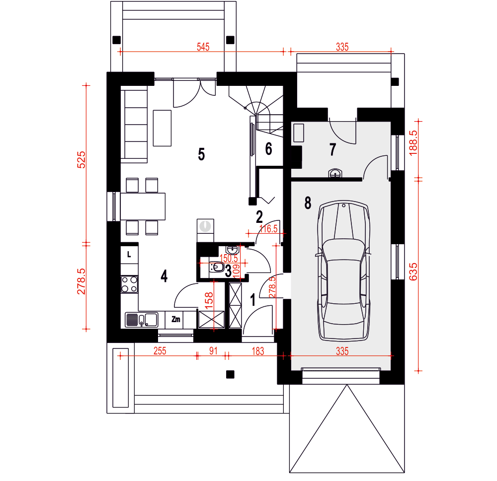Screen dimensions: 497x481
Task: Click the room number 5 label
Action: coord(201,154)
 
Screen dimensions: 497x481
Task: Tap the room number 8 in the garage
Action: coord(308,203)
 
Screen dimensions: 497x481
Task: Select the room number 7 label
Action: coord(332,149)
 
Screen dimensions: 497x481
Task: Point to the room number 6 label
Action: coord(268,149)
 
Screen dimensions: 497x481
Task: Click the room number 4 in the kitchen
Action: coord(164,276)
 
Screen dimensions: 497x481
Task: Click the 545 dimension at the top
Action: coord(203,47)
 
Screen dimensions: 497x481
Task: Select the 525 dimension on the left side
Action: coord(82,160)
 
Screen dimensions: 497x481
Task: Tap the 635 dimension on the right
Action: coord(414,272)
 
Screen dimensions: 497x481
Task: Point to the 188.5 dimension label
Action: coord(414,143)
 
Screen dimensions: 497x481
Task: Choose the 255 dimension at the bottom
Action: coord(160,351)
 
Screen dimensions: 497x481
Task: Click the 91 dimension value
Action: coord(213,351)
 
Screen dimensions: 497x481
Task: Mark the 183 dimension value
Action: coord(258,351)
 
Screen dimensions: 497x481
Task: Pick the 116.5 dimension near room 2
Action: coord(268,229)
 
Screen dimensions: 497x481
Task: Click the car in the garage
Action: coord(344,271)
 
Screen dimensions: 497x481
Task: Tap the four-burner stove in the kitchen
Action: coord(130,284)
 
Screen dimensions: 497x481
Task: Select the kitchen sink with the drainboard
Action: coord(142,320)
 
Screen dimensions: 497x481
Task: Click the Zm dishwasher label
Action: coord(176,319)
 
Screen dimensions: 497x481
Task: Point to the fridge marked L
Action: coord(129,254)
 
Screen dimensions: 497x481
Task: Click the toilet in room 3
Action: coord(217,268)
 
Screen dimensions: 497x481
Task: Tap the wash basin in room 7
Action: coord(335,173)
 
